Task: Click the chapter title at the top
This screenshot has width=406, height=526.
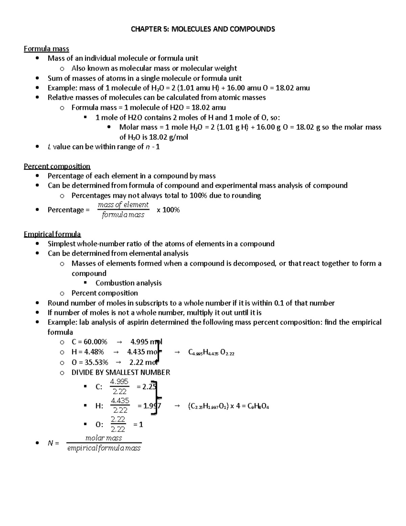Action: (x=203, y=29)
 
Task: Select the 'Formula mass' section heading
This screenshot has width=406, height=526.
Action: (x=46, y=49)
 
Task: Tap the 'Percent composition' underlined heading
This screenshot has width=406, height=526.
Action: (x=57, y=166)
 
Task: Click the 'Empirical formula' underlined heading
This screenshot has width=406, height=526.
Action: (x=52, y=234)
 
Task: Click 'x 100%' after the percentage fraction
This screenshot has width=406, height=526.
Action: (x=168, y=210)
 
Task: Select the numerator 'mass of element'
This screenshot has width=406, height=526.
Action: (x=123, y=205)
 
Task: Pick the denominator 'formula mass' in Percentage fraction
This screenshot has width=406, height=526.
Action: (x=123, y=215)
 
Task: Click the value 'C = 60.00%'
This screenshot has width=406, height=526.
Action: (x=89, y=342)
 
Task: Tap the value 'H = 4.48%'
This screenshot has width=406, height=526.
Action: (x=88, y=352)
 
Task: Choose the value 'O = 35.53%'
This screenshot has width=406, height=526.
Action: (x=90, y=362)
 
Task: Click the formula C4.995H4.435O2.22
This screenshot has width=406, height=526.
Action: (x=211, y=353)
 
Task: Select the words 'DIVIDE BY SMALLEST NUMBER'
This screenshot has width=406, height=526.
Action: (x=121, y=373)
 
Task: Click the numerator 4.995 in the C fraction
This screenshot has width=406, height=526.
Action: (x=119, y=382)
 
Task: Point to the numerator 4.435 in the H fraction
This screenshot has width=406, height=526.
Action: (x=120, y=401)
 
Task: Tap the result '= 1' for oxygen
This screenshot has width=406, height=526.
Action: (x=138, y=424)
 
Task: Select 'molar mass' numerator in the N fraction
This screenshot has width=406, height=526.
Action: (x=104, y=438)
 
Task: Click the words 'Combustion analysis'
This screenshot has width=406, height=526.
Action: (x=129, y=283)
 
